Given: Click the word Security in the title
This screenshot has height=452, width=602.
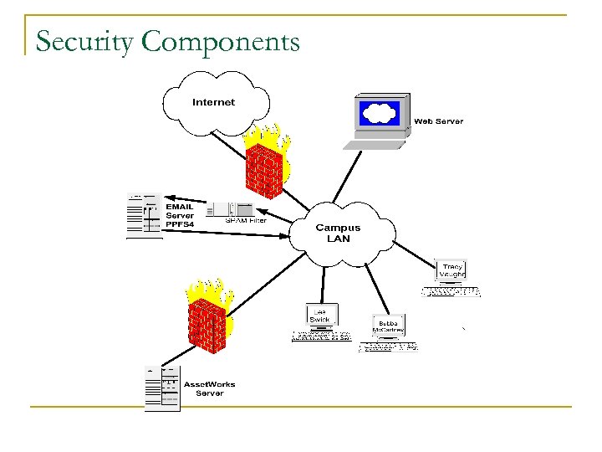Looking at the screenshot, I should coord(84,42).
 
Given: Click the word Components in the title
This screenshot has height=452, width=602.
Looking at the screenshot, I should coord(219,42).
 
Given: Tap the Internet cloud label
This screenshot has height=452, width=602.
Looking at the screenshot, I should coord(214,102).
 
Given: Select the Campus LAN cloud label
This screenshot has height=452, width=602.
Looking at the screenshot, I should coord(338,233).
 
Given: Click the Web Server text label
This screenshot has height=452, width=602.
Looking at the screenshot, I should coord(438,121).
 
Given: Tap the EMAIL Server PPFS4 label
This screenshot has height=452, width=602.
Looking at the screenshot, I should coord(179,215).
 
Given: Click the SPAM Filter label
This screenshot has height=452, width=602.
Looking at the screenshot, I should coord(246,221).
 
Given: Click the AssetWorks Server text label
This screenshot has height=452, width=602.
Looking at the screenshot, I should coord(209,388).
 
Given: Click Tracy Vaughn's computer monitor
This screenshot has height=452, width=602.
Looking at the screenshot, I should coord(451,271).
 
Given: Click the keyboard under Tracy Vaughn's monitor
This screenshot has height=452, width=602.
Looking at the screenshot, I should coord(451,292).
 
